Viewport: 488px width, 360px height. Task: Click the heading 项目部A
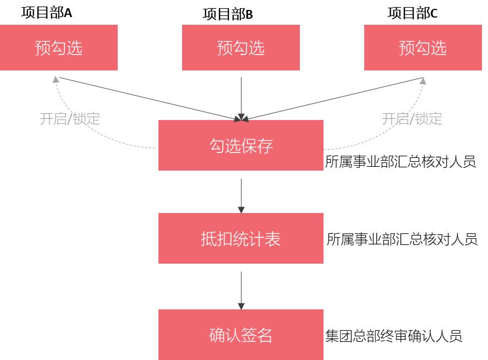click(x=47, y=12)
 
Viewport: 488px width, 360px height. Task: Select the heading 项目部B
click(x=227, y=14)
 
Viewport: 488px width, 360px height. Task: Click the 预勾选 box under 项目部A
click(x=59, y=48)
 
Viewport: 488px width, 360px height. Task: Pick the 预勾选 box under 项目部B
click(x=241, y=48)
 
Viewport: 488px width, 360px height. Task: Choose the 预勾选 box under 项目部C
click(x=423, y=48)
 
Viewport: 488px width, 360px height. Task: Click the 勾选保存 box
click(x=241, y=145)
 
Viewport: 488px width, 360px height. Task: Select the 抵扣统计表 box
click(x=241, y=238)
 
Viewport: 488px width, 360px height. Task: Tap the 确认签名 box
click(x=241, y=335)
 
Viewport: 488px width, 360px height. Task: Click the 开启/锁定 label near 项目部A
click(x=70, y=118)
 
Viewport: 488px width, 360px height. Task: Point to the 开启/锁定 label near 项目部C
click(x=412, y=118)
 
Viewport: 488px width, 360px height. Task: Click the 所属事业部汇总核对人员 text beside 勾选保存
click(x=401, y=162)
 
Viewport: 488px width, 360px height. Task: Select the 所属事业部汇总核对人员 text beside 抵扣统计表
click(x=402, y=239)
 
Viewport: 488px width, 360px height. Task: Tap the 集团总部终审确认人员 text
click(x=393, y=336)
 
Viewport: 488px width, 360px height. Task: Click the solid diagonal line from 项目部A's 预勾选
click(x=149, y=97)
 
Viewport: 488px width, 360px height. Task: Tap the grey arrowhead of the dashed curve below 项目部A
click(x=56, y=79)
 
